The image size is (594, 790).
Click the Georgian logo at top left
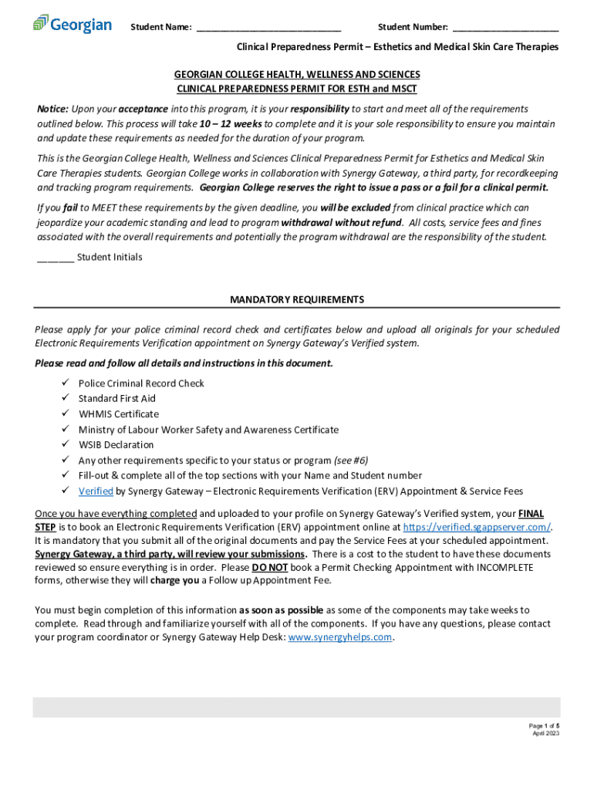point(73,24)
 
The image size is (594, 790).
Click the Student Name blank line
point(268,29)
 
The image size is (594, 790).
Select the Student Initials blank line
point(56,258)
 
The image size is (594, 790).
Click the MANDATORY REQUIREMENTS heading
point(297,299)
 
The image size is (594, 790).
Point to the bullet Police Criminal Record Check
point(141,383)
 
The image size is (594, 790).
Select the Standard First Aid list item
point(116,399)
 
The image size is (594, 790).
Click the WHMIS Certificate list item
point(118,414)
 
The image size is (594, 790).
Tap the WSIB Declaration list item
point(116,445)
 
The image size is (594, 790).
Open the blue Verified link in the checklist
point(96,491)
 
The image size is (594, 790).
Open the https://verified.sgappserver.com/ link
point(477,527)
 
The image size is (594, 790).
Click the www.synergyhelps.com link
point(340,638)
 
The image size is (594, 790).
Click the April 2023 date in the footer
point(546,734)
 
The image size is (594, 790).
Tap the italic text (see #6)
point(350,461)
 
